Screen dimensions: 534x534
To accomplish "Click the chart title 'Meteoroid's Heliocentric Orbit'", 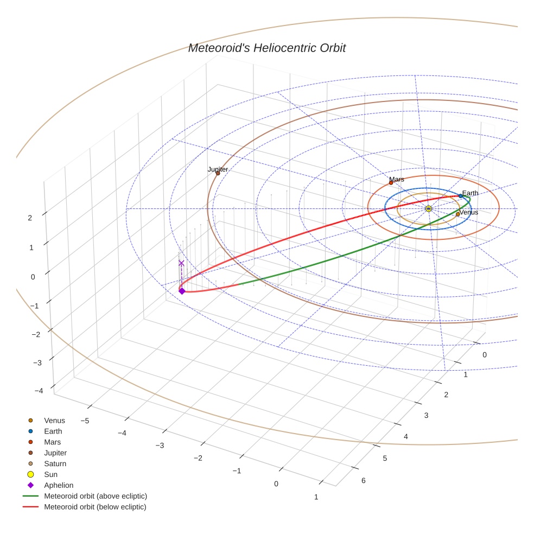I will pos(266,48).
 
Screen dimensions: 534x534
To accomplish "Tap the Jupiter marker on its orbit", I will pos(218,174).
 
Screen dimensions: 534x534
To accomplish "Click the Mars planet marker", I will pos(391,183).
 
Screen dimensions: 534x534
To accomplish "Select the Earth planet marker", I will pos(460,196).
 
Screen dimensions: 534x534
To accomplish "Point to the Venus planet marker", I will pos(458,214).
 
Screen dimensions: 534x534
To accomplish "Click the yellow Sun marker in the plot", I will pos(428,209).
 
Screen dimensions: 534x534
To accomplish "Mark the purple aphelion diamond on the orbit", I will pos(182,291).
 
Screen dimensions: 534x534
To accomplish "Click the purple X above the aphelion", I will pos(181,263).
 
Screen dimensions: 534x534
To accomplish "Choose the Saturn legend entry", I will pos(55,464).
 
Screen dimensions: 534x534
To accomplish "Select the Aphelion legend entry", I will pos(59,486).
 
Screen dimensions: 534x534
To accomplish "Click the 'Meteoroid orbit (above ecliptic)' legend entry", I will pos(96,497).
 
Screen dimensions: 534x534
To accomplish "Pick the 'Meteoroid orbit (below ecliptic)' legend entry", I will pos(95,507).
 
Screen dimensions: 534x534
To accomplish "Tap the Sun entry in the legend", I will pos(50,475).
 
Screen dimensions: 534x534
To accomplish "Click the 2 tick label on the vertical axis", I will pos(30,218).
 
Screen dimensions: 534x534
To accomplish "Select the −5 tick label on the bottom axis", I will pos(85,421).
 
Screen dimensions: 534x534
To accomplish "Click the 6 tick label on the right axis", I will pos(363,480).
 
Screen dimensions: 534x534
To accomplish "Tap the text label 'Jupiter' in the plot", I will pos(218,169).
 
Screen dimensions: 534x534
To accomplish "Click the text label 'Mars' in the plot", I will pos(397,179).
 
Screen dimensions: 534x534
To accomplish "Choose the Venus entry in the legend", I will pos(54,421).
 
